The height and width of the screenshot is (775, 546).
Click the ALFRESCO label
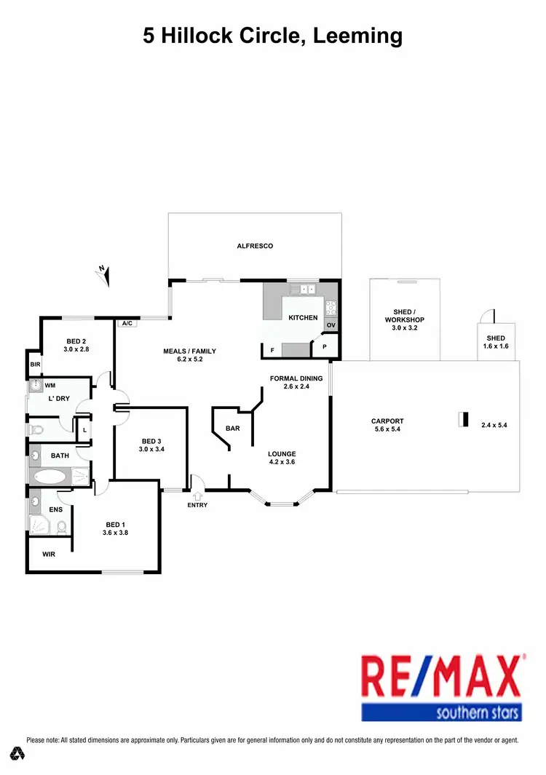click(x=255, y=246)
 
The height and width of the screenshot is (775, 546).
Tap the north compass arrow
click(x=106, y=274)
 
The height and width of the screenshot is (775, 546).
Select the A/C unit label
click(x=127, y=323)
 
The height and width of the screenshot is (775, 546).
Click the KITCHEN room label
click(x=303, y=318)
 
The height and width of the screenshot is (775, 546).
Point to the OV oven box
click(x=331, y=325)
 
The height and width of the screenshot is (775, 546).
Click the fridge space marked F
click(x=272, y=351)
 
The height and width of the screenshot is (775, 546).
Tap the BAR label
click(x=232, y=429)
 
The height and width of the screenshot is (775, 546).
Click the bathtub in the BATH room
click(x=51, y=477)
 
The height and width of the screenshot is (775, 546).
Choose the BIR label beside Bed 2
click(x=35, y=365)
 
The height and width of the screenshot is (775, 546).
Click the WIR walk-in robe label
click(x=49, y=554)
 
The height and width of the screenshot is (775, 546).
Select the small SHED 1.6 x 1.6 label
click(x=496, y=342)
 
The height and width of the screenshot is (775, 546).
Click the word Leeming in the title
click(x=357, y=35)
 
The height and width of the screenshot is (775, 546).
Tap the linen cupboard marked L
click(x=84, y=430)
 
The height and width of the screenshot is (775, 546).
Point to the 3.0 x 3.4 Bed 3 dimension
click(x=151, y=450)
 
